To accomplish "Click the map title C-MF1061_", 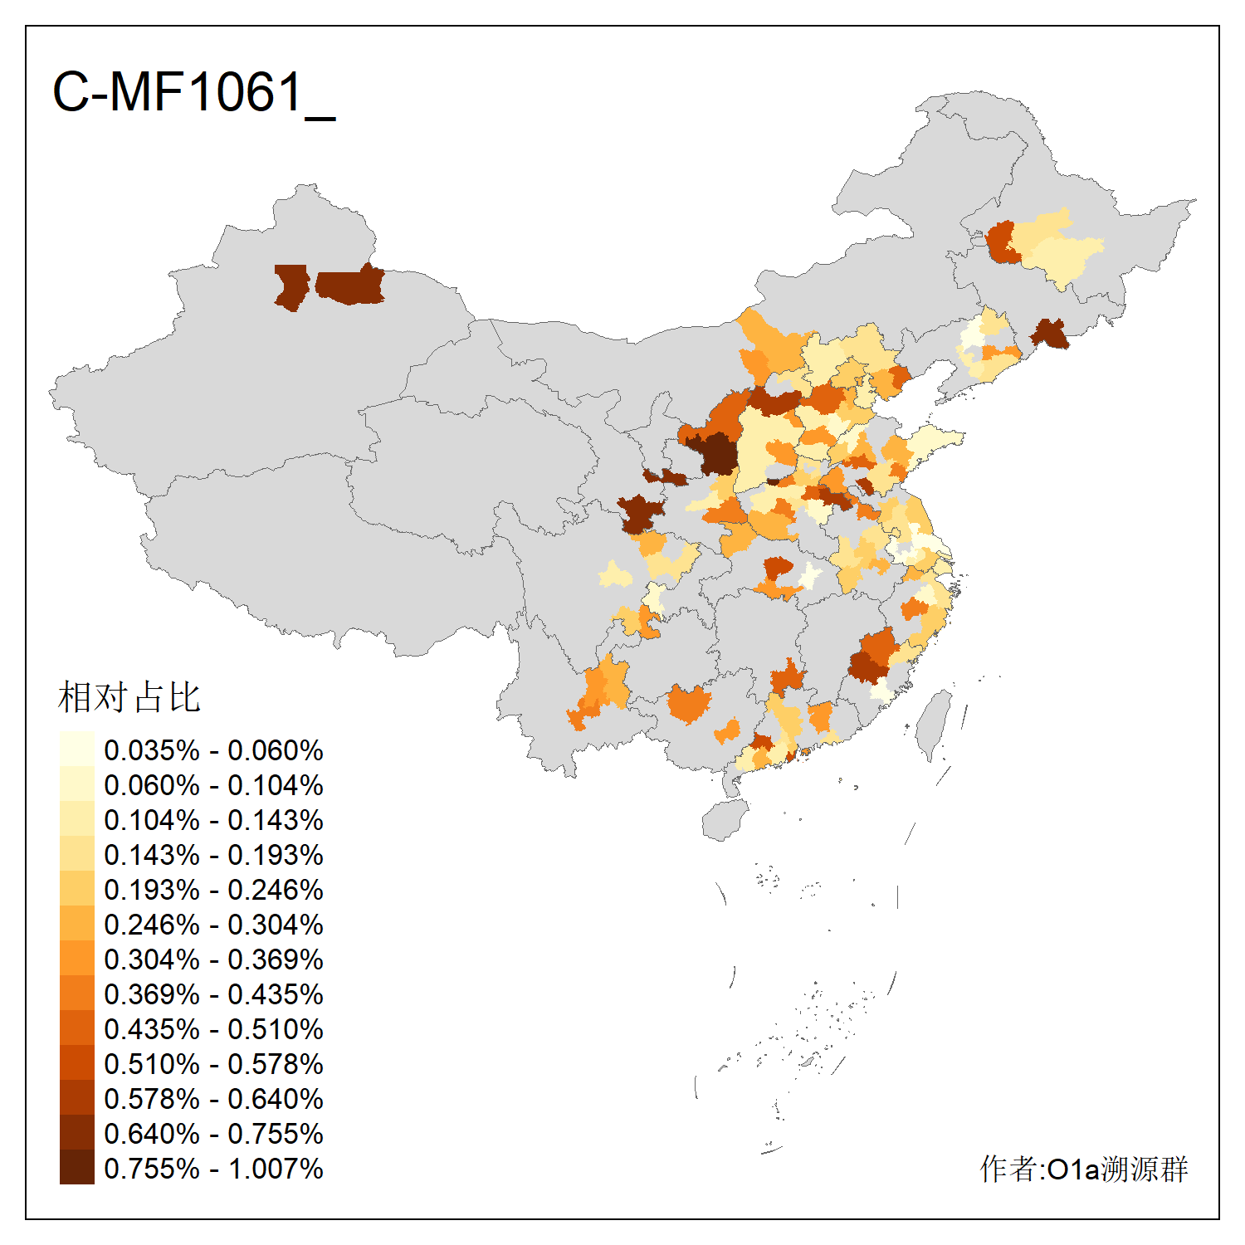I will (x=193, y=92).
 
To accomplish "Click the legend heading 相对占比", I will (x=129, y=697).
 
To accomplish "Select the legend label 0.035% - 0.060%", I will (x=213, y=750).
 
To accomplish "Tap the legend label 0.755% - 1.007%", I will (x=213, y=1169).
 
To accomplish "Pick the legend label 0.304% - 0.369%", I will (x=213, y=959).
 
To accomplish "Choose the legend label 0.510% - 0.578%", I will (x=213, y=1064).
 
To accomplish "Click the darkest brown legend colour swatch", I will (x=76, y=1167).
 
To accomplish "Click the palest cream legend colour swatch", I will (x=76, y=749).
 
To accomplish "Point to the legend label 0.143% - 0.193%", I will (x=213, y=855).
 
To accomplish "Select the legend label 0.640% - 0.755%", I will (x=213, y=1134).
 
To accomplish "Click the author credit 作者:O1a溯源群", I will (x=1084, y=1169).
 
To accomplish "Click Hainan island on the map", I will (x=725, y=820).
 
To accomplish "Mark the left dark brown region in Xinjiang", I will (x=290, y=286).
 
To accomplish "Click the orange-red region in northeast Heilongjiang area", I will (x=1002, y=242).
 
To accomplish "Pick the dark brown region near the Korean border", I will (x=1051, y=333).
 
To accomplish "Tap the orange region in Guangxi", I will (x=689, y=704).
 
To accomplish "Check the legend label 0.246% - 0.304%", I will (x=213, y=925).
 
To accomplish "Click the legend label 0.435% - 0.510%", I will (x=213, y=1029).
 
